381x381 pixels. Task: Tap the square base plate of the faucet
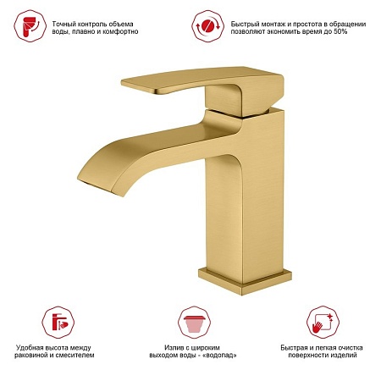pos(245,282)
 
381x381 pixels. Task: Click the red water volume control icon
pos(30,26)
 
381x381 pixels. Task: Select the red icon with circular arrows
pos(208,26)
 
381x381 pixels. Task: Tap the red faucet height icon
pos(58,323)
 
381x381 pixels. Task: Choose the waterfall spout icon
pos(195,323)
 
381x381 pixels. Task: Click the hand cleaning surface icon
pos(323,322)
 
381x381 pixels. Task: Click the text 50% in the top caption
pos(340,31)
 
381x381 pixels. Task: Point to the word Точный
pos(61,24)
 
